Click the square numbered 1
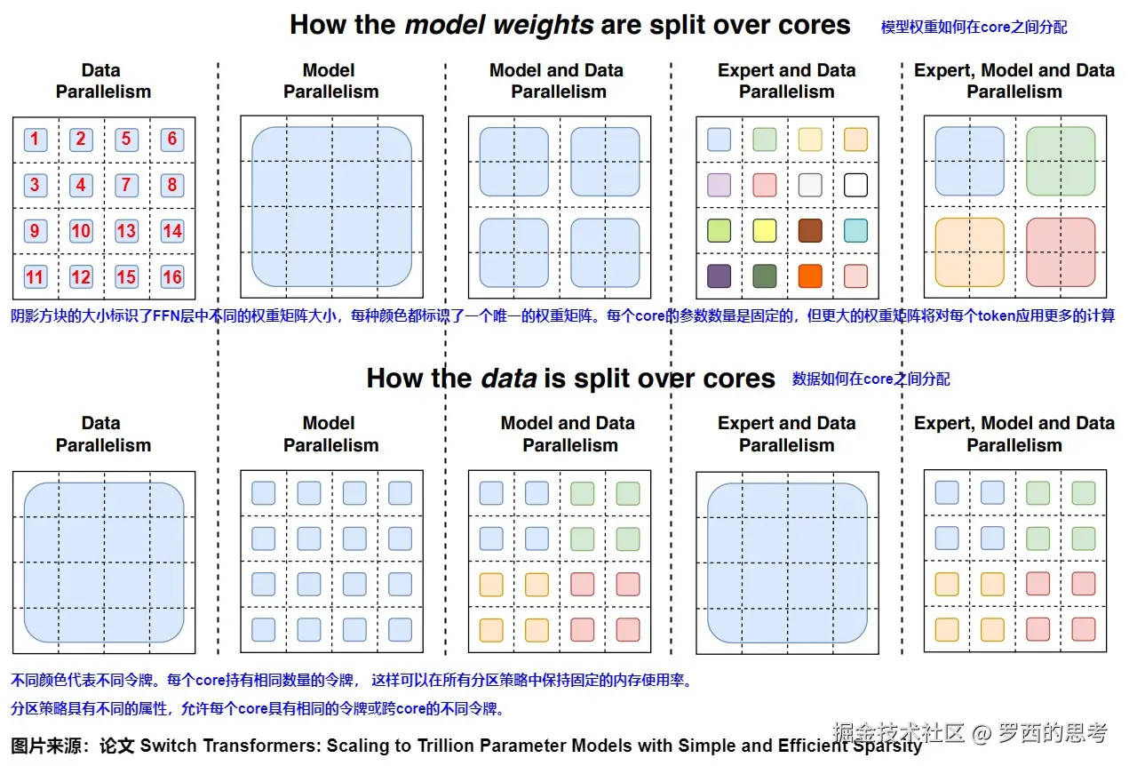click(x=35, y=139)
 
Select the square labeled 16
click(x=172, y=276)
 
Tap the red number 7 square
click(x=126, y=185)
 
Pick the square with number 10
click(x=81, y=231)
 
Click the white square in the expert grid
click(x=855, y=185)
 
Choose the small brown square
click(x=809, y=230)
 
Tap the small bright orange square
click(x=809, y=276)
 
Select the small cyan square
click(x=855, y=230)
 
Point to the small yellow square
click(x=764, y=230)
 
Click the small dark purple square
click(x=719, y=276)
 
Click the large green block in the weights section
click(x=1061, y=161)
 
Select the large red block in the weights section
click(x=1061, y=252)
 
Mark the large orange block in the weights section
click(x=969, y=252)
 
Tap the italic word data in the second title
click(x=508, y=379)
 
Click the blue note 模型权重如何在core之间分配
click(x=974, y=28)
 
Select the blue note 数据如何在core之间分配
click(x=871, y=379)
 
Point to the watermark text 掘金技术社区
click(x=898, y=733)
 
